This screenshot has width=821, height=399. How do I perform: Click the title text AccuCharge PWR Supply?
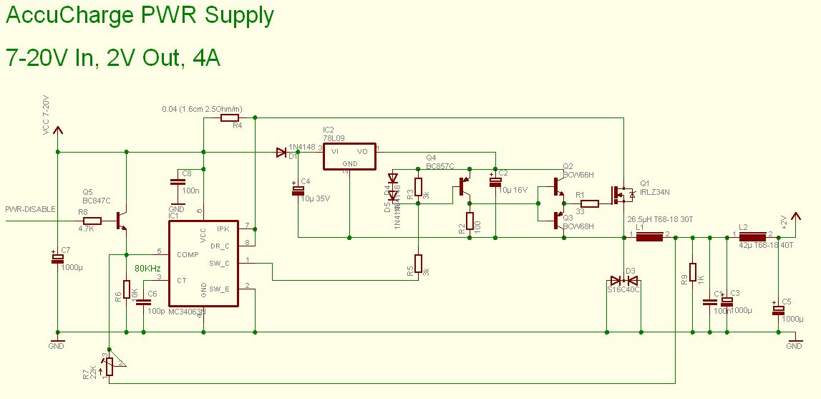click(140, 16)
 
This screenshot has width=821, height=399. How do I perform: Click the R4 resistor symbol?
click(230, 117)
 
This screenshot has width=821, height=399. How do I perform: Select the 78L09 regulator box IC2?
click(349, 157)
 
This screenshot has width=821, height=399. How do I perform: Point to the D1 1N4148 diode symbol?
click(281, 152)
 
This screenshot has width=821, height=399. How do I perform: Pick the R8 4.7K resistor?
click(92, 221)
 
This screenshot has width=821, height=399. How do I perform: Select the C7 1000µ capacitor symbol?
click(57, 259)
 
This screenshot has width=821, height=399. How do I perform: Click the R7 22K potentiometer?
click(109, 366)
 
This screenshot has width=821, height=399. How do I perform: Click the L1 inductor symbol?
click(650, 234)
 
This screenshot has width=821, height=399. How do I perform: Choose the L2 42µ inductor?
click(752, 234)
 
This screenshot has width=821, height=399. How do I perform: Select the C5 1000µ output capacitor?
click(779, 310)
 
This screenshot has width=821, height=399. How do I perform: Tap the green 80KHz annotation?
click(147, 269)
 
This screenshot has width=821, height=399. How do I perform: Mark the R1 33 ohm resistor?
click(589, 203)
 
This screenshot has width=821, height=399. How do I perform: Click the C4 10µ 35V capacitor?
click(296, 191)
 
